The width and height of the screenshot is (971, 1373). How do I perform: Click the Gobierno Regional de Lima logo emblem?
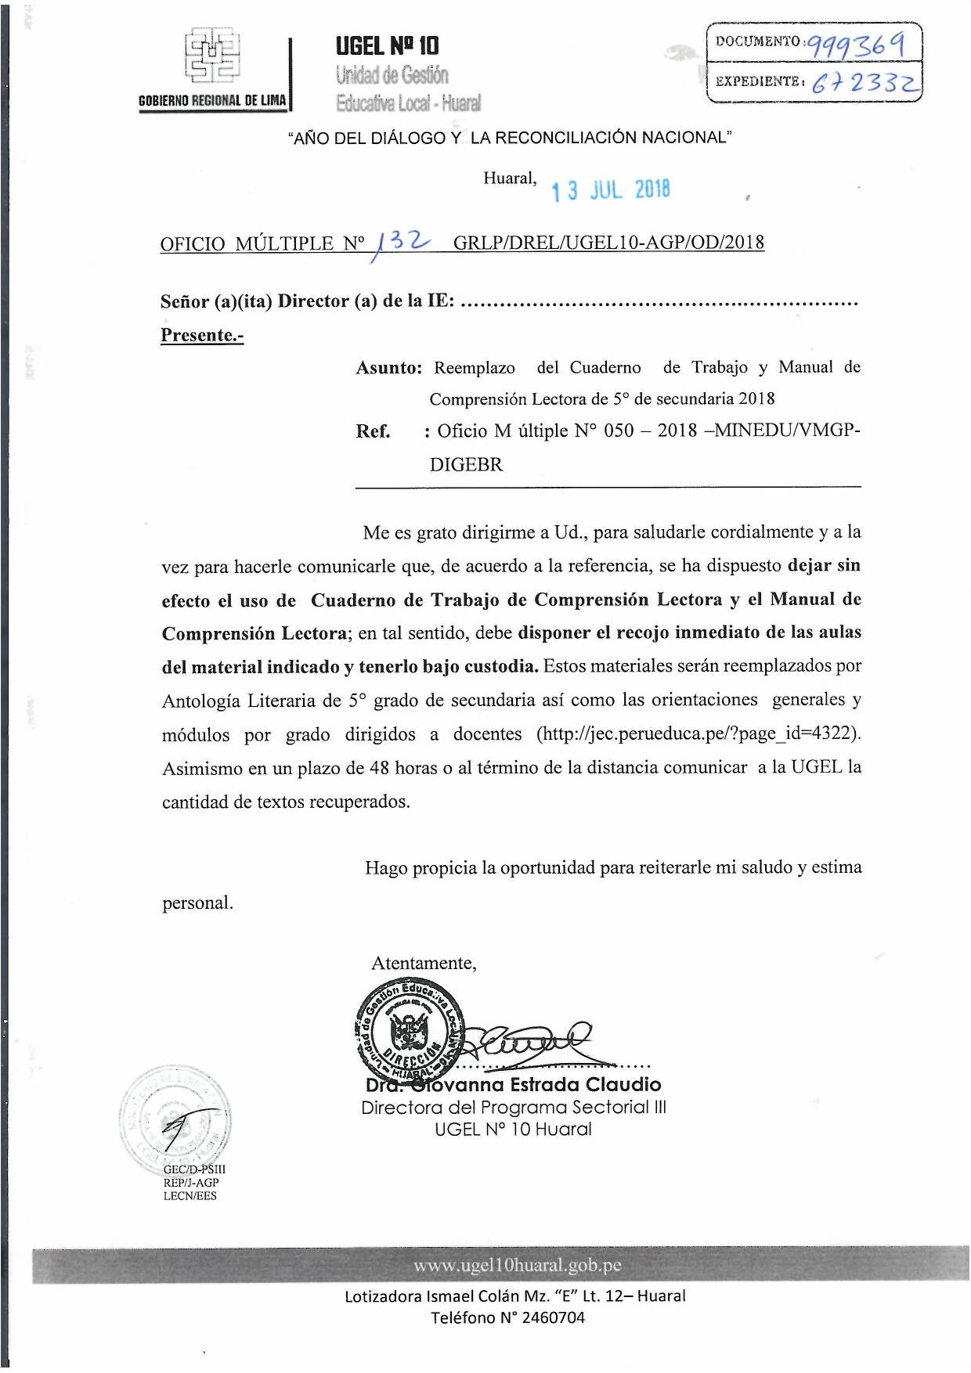click(x=212, y=56)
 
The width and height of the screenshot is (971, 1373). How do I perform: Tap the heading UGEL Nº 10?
click(x=388, y=45)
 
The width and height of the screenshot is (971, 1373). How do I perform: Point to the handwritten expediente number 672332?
click(x=865, y=81)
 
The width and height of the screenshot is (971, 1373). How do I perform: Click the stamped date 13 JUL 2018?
click(x=611, y=190)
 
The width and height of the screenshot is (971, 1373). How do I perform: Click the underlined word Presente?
click(x=202, y=335)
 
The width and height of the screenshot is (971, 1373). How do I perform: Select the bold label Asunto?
click(x=389, y=368)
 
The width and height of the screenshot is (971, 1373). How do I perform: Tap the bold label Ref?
click(x=373, y=431)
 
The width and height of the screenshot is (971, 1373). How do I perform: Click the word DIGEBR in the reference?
click(x=466, y=464)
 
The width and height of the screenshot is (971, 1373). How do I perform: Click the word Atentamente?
click(x=424, y=963)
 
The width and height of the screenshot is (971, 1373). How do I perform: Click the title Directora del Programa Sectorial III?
click(x=514, y=1108)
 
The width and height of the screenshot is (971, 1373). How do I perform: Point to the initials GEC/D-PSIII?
click(x=194, y=1169)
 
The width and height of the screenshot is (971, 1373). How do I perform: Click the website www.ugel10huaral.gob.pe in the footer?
click(x=518, y=1266)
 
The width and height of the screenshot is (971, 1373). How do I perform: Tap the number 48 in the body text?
click(x=380, y=768)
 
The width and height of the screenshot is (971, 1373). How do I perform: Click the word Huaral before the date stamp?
click(x=510, y=178)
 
